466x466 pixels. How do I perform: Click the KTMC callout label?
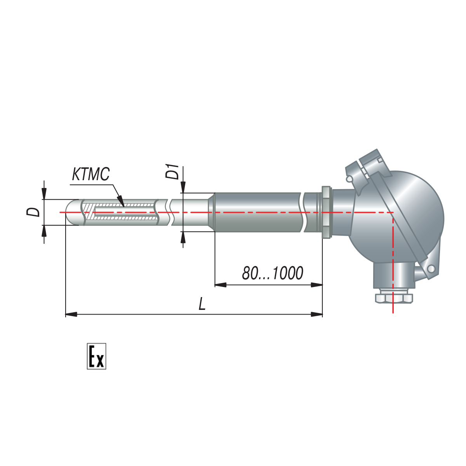point(91,174)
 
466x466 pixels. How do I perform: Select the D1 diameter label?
point(172,172)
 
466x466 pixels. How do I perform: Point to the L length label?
point(202,304)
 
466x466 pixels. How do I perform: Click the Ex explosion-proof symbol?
point(96,356)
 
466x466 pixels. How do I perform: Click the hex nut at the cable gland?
point(394,298)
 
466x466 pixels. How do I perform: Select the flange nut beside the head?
point(326,212)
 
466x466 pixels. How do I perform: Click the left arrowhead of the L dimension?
point(71,315)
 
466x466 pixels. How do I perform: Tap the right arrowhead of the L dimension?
point(317,315)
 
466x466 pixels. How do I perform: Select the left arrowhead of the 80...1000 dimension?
point(221,285)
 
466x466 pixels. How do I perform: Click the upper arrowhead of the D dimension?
point(44,194)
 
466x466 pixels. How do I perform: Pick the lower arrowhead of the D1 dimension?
point(183,237)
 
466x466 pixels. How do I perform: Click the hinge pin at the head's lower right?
point(431,268)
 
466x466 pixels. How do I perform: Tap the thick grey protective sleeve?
point(257,212)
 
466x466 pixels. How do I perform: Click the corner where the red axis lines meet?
point(393,212)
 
